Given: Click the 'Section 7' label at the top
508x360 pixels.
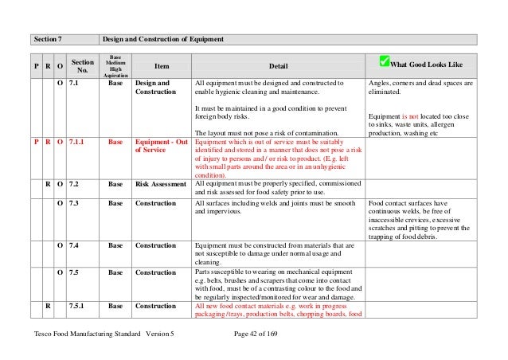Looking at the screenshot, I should pos(49,39).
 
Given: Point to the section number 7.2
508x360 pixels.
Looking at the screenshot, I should pos(75,184).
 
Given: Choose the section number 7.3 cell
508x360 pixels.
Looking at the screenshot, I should pos(75,204).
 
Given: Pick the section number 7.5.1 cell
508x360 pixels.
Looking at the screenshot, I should pos(79,305).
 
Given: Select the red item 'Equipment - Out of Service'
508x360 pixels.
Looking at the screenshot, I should pos(162,147).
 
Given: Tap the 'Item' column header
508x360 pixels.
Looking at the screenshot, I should pos(162,66).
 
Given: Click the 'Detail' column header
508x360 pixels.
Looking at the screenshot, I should pos(278,66).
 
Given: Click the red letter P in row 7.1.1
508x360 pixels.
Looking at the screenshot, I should pos(36,143).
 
